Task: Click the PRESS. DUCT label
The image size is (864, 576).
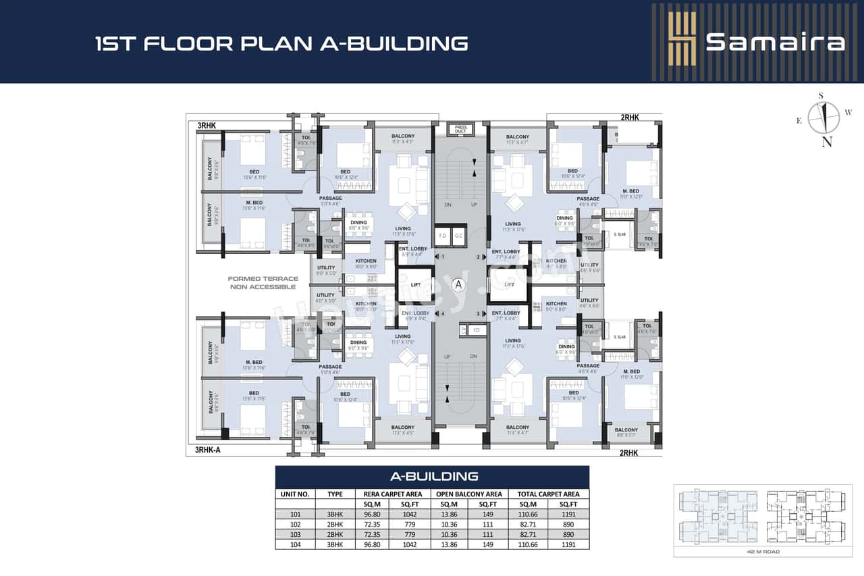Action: pyautogui.click(x=461, y=128)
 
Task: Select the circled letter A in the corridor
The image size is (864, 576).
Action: pyautogui.click(x=459, y=284)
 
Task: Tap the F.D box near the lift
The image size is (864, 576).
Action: pyautogui.click(x=443, y=236)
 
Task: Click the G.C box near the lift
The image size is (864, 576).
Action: pyautogui.click(x=458, y=236)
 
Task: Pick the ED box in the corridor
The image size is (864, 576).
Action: pyautogui.click(x=476, y=330)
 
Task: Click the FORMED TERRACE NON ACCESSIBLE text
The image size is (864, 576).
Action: pyautogui.click(x=262, y=283)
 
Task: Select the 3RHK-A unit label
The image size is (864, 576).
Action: pyautogui.click(x=209, y=450)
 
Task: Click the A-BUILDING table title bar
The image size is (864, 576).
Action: pyautogui.click(x=432, y=477)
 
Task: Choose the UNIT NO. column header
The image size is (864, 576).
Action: pyautogui.click(x=295, y=494)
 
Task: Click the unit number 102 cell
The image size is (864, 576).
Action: pyautogui.click(x=295, y=524)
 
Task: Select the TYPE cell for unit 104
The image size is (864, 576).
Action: pyautogui.click(x=335, y=544)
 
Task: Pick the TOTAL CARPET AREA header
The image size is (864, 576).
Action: pyautogui.click(x=548, y=494)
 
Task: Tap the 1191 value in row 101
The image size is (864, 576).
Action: pyautogui.click(x=568, y=514)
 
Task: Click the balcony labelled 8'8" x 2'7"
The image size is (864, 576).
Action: pyautogui.click(x=626, y=433)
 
